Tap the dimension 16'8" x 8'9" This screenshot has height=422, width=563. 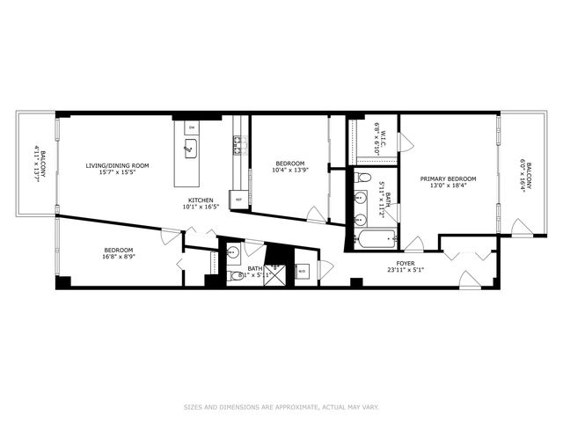tap(117, 257)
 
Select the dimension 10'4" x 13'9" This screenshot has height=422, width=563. tap(289, 171)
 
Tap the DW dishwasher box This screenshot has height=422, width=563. tap(191, 127)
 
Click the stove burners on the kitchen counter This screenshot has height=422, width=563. tap(236, 146)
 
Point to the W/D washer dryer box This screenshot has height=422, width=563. tap(302, 272)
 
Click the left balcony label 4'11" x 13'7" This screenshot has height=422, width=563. tap(38, 165)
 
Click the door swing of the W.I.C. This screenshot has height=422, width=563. tap(405, 142)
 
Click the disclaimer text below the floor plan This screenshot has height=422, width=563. tap(281, 406)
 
